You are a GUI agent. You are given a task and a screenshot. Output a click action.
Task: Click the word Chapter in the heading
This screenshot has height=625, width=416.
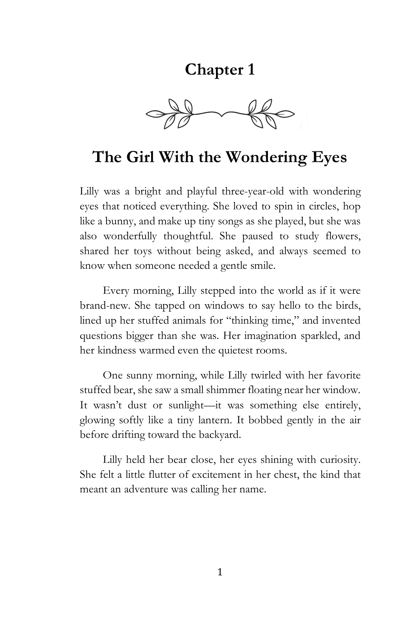tap(209, 70)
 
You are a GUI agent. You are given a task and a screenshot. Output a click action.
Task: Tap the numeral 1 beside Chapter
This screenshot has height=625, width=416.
tap(250, 70)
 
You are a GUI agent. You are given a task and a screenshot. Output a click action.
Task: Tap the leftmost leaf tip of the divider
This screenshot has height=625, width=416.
tap(148, 114)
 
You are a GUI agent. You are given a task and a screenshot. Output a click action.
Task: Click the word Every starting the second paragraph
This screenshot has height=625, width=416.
tap(116, 291)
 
